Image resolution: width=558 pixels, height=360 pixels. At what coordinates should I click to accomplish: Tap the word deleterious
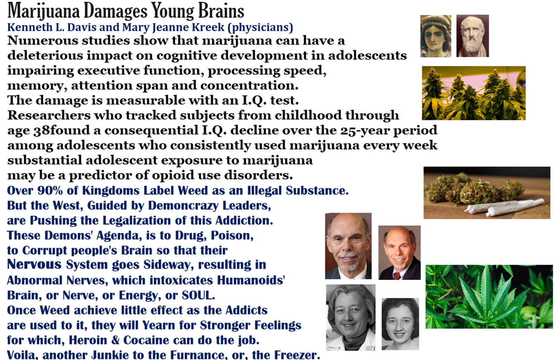coord(45,55)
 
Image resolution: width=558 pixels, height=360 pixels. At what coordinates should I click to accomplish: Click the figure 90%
coord(50,190)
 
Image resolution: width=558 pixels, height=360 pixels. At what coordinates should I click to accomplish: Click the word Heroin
coord(88,340)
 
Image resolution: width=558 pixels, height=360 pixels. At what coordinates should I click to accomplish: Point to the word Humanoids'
coord(251,280)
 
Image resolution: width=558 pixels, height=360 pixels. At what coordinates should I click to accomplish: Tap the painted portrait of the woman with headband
coord(436,36)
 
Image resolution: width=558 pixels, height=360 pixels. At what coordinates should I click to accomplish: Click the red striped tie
coord(397,276)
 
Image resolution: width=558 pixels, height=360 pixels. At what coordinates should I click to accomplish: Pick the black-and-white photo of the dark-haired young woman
coord(400,324)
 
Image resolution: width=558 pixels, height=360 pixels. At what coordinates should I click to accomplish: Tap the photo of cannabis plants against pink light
coord(474,93)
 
